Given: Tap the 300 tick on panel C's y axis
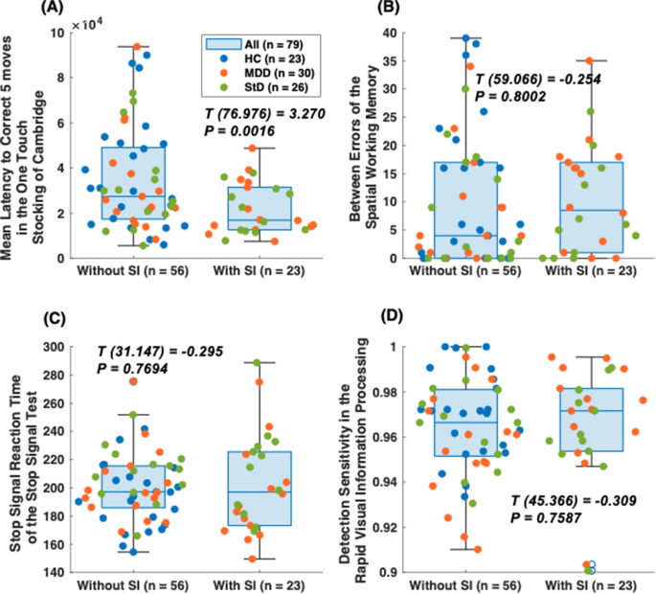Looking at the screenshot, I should point(73,347).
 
